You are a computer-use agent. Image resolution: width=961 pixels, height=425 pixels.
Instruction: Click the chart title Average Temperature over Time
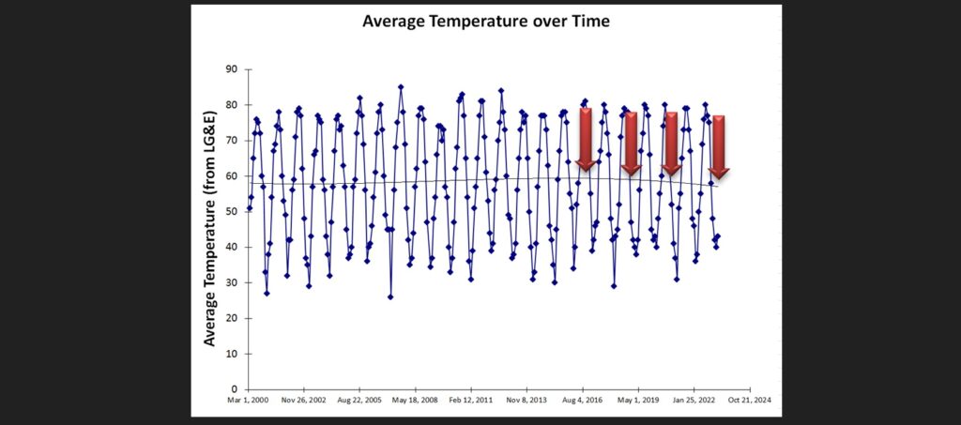(486, 22)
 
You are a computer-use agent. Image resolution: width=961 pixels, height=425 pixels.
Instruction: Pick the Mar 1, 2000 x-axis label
(249, 400)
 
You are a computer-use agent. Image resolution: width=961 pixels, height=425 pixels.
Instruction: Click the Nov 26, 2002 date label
(305, 400)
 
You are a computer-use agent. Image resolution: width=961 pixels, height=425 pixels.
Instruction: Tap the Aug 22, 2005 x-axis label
(360, 400)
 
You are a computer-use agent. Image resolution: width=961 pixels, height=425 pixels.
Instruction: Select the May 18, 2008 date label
(416, 400)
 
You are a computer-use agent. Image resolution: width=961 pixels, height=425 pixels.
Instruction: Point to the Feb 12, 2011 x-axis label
(471, 400)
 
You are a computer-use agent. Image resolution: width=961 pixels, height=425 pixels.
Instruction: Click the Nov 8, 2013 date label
(527, 400)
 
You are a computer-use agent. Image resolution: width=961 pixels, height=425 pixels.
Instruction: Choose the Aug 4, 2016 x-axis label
(583, 400)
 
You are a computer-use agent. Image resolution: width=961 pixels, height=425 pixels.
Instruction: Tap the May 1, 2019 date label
(638, 400)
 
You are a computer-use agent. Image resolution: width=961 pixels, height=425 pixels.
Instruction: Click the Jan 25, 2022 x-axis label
(694, 400)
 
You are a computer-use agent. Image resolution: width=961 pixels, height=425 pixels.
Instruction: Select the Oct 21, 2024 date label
(750, 400)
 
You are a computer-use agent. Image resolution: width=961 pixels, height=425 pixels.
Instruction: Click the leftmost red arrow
(586, 140)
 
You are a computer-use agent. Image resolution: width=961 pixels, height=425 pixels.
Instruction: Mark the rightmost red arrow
(719, 147)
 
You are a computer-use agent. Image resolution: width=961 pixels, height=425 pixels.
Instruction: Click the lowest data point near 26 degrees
(390, 297)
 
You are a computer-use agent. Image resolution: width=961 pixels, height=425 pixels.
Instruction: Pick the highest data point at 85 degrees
(401, 87)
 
